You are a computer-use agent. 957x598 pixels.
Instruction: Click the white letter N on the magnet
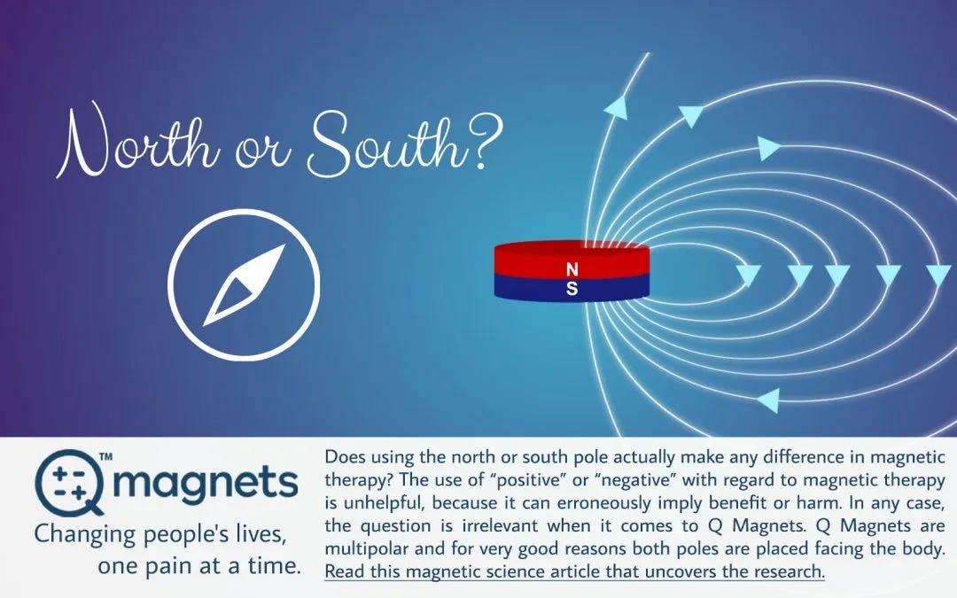[x=572, y=268]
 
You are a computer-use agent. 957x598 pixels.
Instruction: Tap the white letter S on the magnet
[x=572, y=288]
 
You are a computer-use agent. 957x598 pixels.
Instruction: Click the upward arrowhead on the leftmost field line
[x=614, y=108]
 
